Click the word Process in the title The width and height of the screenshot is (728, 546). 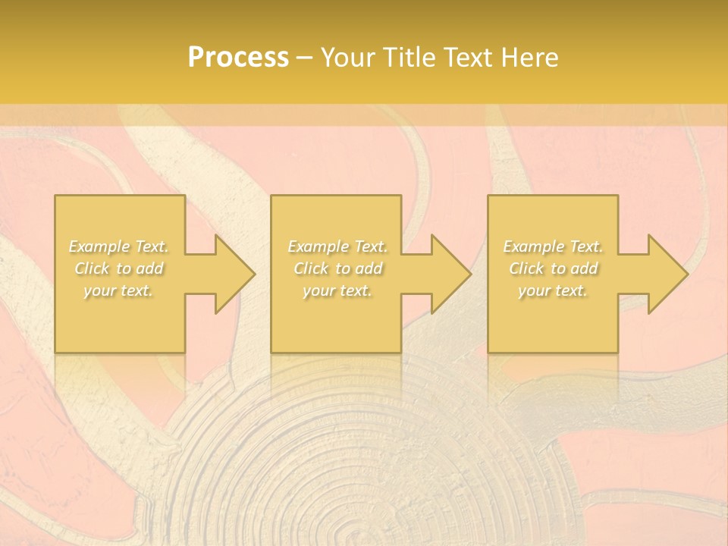pos(238,58)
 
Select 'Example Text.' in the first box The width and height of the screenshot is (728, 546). pos(119,246)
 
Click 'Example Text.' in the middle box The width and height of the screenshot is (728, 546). pos(337,246)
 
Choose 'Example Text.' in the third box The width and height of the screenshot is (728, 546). pos(553,246)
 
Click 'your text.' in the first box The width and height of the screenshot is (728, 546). pos(118,290)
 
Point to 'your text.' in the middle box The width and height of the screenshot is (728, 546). pos(337,290)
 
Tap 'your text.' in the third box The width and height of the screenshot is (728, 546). pos(553,290)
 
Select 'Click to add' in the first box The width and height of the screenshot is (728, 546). pos(119,268)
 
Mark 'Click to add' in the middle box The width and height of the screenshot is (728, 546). pos(337,268)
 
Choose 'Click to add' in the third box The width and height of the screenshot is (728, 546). pos(553,268)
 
